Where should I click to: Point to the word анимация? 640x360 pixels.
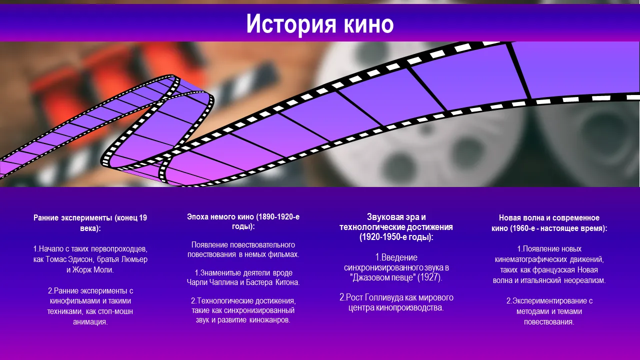[x=90, y=322]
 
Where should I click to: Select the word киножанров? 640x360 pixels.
[x=269, y=320]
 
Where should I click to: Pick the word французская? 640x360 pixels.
[x=553, y=270]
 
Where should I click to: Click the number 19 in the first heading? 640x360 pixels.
[x=143, y=218]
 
